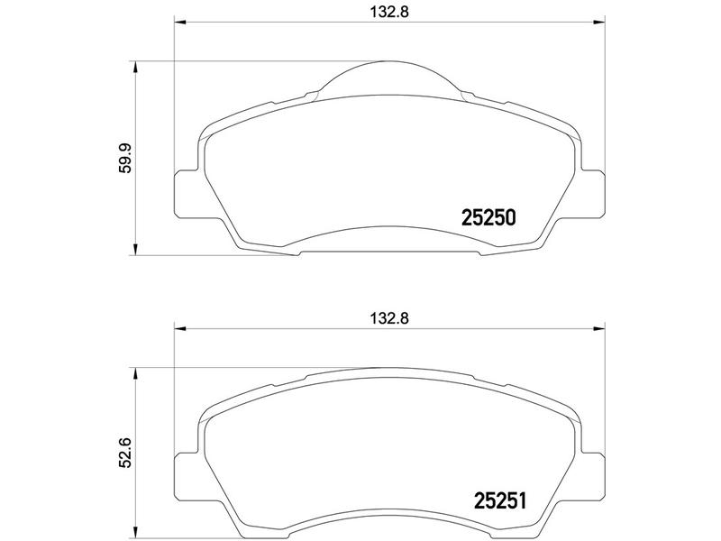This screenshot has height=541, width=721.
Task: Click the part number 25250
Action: tap(488, 217)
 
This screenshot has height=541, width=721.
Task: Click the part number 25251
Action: tap(500, 501)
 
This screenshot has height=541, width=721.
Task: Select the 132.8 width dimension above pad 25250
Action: tap(389, 12)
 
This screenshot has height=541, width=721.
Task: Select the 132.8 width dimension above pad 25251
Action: tap(389, 318)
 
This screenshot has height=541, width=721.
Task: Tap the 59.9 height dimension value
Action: tap(125, 159)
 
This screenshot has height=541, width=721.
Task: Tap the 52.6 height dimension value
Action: tap(125, 453)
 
